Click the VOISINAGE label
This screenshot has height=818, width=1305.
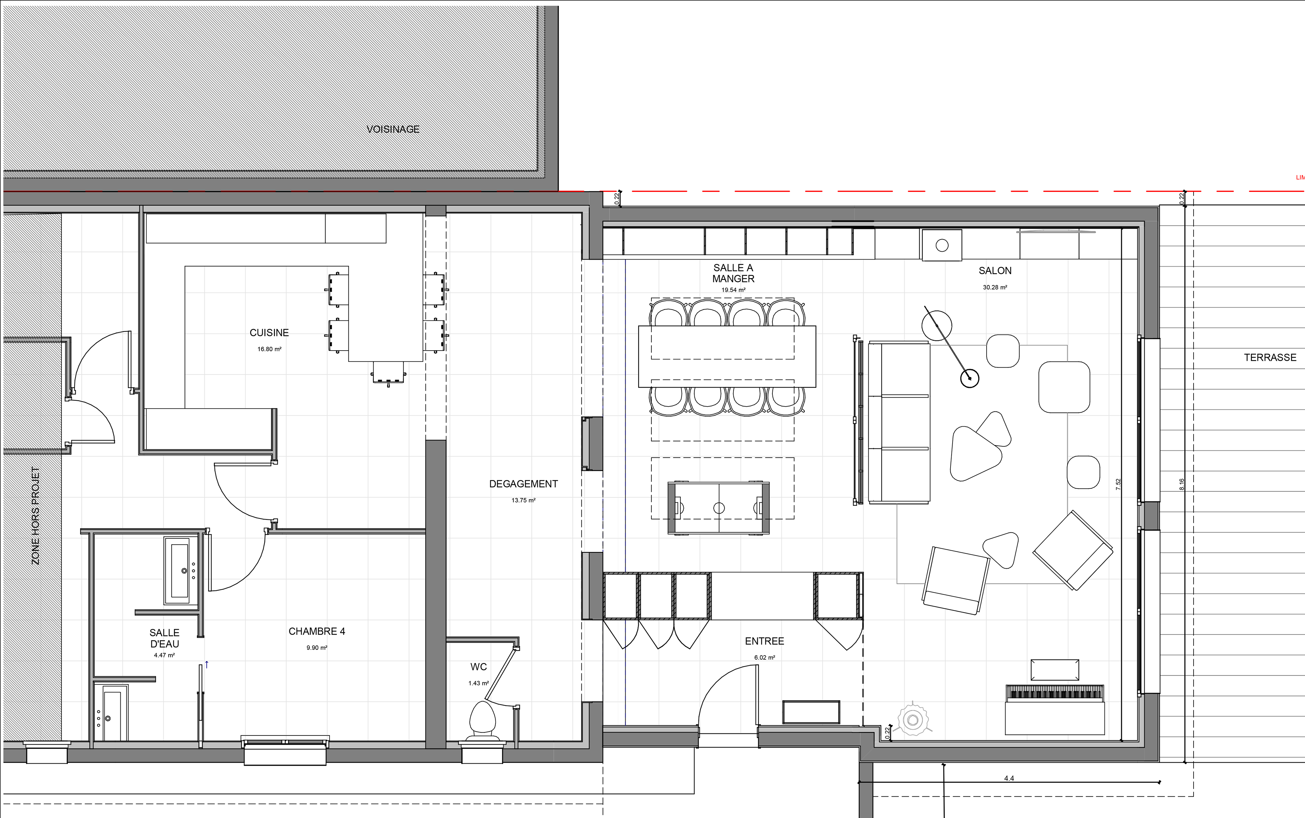click(393, 129)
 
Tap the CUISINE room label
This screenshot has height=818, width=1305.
click(269, 333)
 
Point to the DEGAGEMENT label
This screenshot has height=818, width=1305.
click(523, 484)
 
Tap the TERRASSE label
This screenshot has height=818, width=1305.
click(1270, 358)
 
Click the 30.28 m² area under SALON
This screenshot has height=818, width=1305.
click(995, 288)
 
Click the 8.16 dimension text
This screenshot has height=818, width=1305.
click(1182, 484)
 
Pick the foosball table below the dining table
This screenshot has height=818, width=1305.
click(719, 508)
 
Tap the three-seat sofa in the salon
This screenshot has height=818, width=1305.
click(899, 422)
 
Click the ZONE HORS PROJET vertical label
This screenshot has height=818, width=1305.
click(36, 516)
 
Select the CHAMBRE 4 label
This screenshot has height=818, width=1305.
click(317, 632)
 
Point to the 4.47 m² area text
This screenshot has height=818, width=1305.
click(164, 655)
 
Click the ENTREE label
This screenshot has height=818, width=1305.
click(764, 641)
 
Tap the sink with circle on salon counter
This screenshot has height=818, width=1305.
click(942, 246)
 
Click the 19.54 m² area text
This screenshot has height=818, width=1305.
click(733, 290)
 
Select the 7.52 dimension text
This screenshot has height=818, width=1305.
click(1118, 484)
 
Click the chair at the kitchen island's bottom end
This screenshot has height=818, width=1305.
click(389, 372)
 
